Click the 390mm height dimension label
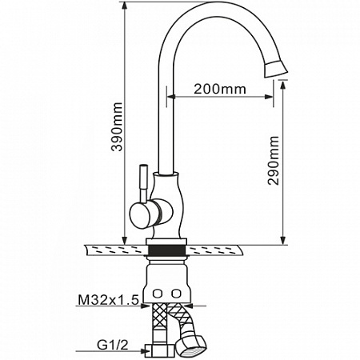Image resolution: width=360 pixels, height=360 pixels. pyautogui.click(x=117, y=126)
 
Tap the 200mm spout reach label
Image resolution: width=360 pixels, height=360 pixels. pyautogui.click(x=220, y=89)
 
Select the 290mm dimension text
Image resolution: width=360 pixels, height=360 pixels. pyautogui.click(x=274, y=161)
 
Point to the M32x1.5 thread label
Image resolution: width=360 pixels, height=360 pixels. pyautogui.click(x=109, y=300)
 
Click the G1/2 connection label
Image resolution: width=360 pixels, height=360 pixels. pyautogui.click(x=112, y=346)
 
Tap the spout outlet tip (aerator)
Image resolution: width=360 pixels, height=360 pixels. pyautogui.click(x=276, y=70)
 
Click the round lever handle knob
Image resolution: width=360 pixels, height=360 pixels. pyautogui.click(x=140, y=215)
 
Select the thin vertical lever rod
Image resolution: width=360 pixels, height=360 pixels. pyautogui.click(x=144, y=182)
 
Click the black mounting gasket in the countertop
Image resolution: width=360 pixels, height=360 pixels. pyautogui.click(x=166, y=250)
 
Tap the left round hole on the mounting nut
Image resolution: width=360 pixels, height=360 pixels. pyautogui.click(x=157, y=294)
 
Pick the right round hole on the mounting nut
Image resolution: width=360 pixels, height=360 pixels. pyautogui.click(x=175, y=294)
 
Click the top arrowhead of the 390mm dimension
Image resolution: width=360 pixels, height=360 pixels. pyautogui.click(x=125, y=6)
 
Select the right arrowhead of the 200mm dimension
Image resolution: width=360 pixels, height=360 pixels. pyautogui.click(x=268, y=97)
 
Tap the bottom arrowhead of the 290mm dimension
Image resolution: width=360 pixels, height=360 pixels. pyautogui.click(x=282, y=240)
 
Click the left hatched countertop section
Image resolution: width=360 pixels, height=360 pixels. pyautogui.click(x=116, y=250)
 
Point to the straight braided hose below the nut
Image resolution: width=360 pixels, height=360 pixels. pyautogui.click(x=159, y=324)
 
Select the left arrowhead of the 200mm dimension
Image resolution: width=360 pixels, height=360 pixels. pyautogui.click(x=171, y=97)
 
